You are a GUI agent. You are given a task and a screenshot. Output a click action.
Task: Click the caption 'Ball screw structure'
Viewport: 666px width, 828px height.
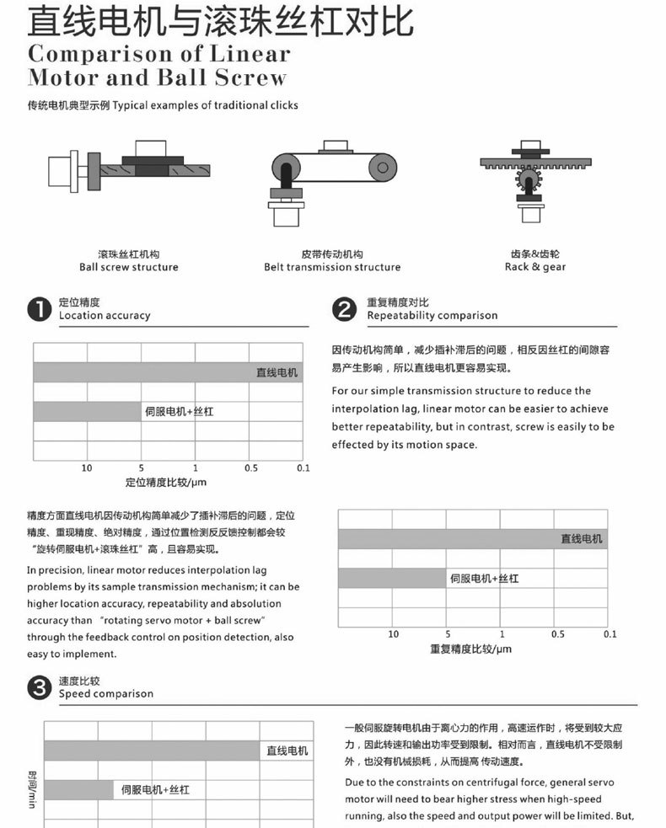pos(129,267)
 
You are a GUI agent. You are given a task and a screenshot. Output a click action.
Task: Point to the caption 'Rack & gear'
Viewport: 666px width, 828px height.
pos(535,267)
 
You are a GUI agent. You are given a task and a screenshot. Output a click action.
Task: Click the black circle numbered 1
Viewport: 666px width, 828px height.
pos(40,309)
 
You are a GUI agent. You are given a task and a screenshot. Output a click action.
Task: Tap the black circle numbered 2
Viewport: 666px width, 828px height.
pos(345,309)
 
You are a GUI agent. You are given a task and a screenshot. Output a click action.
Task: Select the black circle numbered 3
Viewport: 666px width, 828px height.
pos(40,687)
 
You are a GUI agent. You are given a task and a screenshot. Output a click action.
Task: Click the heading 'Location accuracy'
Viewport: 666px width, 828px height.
pos(105,316)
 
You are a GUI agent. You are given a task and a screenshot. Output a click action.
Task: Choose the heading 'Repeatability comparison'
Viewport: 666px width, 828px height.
pos(432,316)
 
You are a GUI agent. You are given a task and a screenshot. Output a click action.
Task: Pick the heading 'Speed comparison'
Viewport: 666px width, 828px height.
pos(106,694)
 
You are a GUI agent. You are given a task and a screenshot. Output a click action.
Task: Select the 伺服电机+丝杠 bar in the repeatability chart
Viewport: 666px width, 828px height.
pos(392,579)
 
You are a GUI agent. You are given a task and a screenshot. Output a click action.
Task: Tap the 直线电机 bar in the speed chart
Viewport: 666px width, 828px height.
pos(152,751)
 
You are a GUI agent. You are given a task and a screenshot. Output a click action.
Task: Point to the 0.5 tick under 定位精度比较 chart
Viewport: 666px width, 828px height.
pos(251,467)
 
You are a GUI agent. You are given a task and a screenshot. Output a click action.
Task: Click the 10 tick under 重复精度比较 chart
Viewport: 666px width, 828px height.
pos(394,633)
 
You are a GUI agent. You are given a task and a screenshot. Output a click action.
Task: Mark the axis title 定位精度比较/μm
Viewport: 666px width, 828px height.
pos(166,483)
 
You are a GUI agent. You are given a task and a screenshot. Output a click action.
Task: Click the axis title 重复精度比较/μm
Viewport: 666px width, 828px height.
pos(470,649)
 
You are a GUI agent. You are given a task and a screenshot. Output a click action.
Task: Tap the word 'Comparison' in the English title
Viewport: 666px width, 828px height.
pos(105,54)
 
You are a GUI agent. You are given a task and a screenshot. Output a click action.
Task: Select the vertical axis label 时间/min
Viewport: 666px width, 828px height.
pos(33,788)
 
